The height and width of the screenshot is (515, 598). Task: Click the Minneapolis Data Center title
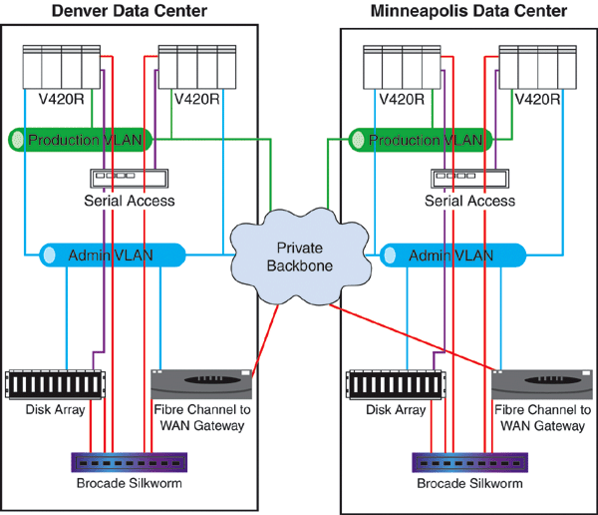point(469,11)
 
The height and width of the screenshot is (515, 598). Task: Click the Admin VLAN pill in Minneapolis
point(454,255)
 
